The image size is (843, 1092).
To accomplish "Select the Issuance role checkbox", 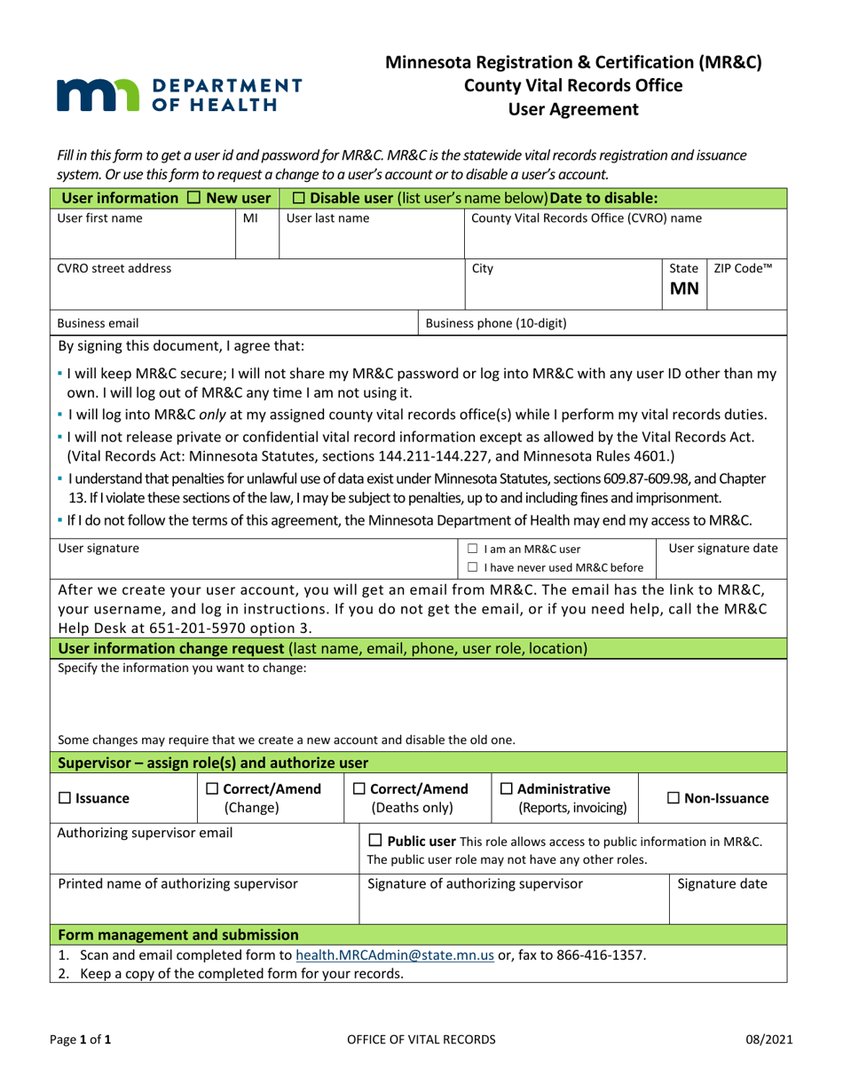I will pos(65,799).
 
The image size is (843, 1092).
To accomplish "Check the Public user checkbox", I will pos(374,841).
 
